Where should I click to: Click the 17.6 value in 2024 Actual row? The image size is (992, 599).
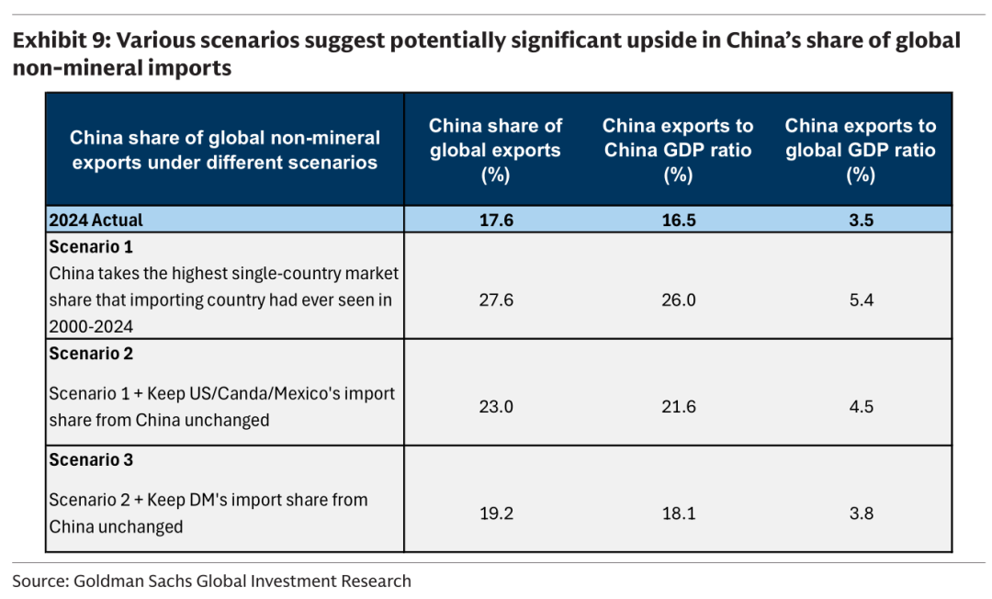[496, 220]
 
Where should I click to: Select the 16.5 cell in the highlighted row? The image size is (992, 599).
[678, 220]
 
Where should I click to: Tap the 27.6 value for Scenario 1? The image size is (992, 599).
[496, 299]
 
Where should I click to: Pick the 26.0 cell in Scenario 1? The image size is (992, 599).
[678, 299]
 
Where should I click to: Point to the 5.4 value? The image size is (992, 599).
[861, 299]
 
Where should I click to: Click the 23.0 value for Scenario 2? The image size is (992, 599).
[496, 406]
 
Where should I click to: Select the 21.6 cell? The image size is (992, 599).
[678, 406]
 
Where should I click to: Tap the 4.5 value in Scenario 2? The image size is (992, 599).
[861, 406]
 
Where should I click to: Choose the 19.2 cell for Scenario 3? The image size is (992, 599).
[496, 513]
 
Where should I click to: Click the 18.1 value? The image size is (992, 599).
[678, 513]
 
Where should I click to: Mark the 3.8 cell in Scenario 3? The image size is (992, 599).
[861, 513]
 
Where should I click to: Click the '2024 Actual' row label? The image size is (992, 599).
[96, 220]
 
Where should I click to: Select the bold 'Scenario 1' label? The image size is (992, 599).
[91, 247]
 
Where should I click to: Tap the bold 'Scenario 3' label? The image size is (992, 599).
[91, 460]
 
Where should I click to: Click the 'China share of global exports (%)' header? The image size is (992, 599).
[495, 150]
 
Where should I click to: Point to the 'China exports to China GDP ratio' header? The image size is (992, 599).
[678, 138]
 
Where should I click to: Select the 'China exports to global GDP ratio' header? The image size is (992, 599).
[861, 138]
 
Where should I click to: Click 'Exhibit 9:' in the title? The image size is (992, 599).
[61, 40]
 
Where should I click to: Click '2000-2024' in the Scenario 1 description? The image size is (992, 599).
[91, 327]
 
